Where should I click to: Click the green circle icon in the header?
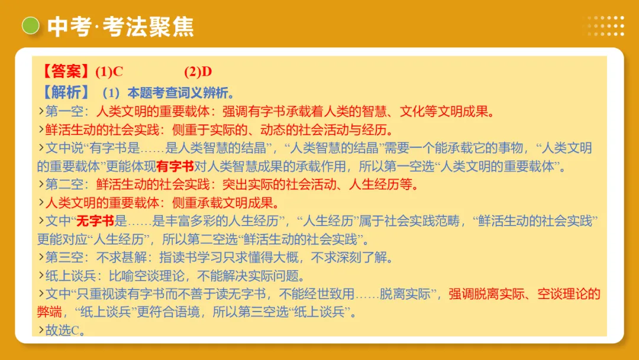tap(30, 25)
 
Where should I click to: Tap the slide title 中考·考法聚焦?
tap(121, 27)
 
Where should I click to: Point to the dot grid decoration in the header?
tap(605, 26)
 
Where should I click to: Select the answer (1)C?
tap(109, 72)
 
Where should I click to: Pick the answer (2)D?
tap(198, 72)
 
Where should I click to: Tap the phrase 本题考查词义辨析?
tap(177, 92)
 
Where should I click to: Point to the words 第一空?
tap(67, 111)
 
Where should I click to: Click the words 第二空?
tap(67, 185)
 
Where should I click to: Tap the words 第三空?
tap(67, 258)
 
